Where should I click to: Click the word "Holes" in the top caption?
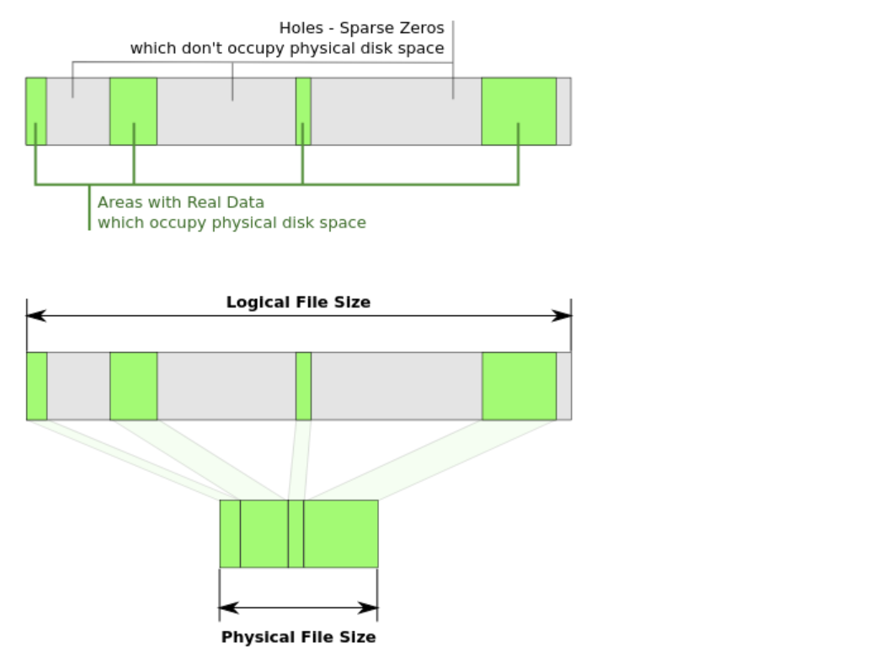click(300, 28)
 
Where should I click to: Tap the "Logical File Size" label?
click(298, 302)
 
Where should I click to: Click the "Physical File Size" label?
click(298, 637)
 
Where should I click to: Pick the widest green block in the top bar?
click(519, 111)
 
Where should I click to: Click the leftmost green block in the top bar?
click(36, 111)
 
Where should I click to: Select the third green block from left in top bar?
click(303, 111)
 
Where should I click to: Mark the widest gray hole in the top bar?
click(396, 111)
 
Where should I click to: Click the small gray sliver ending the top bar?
click(563, 111)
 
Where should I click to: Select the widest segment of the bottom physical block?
click(341, 533)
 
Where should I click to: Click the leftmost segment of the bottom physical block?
click(230, 533)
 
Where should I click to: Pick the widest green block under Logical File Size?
click(519, 386)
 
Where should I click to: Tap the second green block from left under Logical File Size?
click(133, 386)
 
